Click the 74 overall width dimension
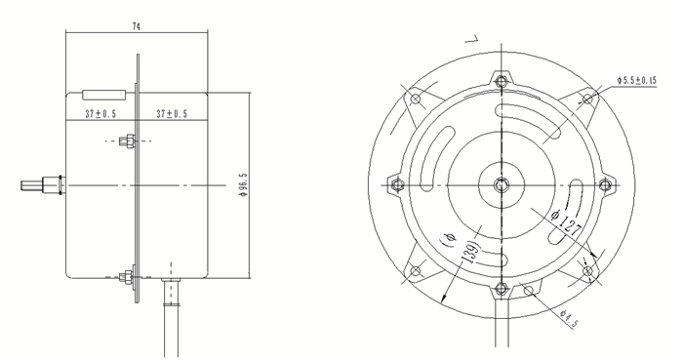pyautogui.click(x=137, y=26)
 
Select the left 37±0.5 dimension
pyautogui.click(x=100, y=114)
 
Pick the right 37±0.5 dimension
pyautogui.click(x=172, y=114)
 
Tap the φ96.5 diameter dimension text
pyautogui.click(x=243, y=185)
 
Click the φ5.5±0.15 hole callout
pyautogui.click(x=636, y=80)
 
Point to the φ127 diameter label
pyautogui.click(x=567, y=223)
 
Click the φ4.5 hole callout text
pyautogui.click(x=569, y=319)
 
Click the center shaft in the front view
pyautogui.click(x=502, y=185)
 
